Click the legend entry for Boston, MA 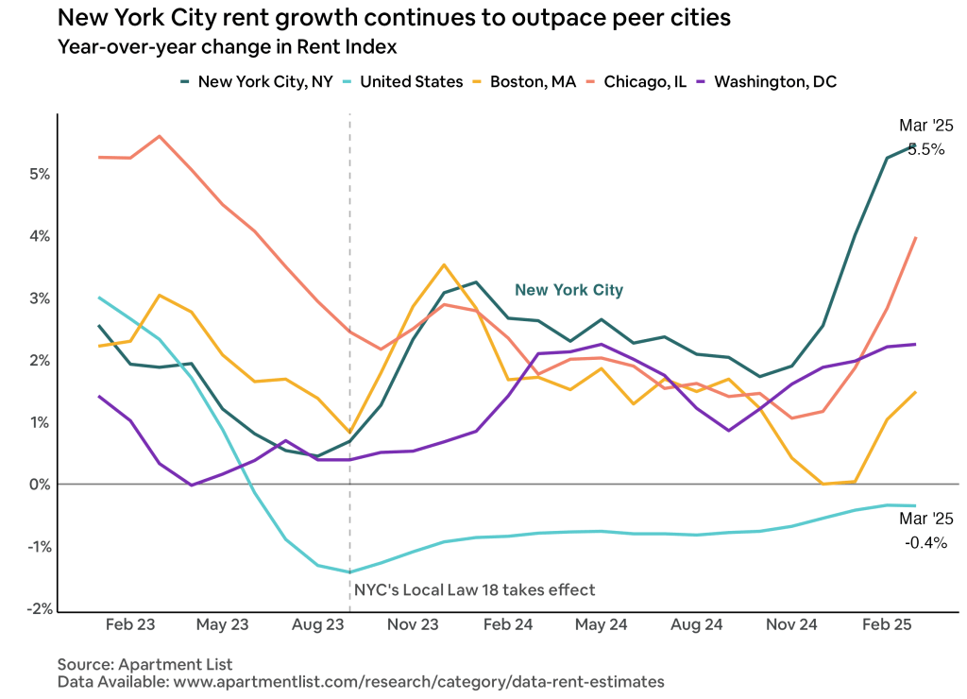click(532, 81)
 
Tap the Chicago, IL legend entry click(644, 81)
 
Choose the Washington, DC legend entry click(774, 81)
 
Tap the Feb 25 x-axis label click(887, 625)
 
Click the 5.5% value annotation click(926, 148)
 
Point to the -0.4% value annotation click(926, 543)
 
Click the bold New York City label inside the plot click(568, 290)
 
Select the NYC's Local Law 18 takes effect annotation click(475, 590)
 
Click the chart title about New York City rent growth click(394, 18)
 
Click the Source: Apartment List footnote click(144, 664)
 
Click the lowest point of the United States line click(349, 572)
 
